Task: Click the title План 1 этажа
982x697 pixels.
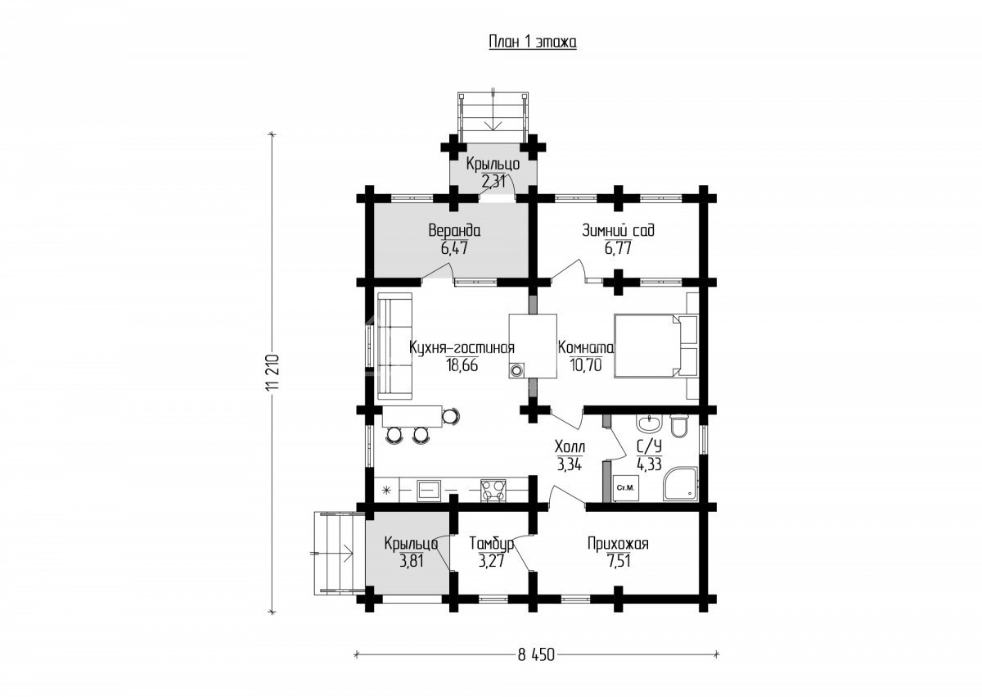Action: pos(533,42)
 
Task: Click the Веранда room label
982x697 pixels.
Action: pos(454,231)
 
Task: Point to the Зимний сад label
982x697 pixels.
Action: pos(618,230)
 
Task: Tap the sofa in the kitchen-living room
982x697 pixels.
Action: pos(394,346)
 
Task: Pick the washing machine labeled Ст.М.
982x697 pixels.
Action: pos(625,488)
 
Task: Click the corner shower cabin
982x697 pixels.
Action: pos(679,484)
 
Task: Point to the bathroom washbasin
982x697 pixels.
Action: pos(650,424)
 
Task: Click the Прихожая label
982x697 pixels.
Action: pos(618,545)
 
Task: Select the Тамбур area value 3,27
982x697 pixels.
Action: pos(491,561)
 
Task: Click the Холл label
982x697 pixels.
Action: pos(570,447)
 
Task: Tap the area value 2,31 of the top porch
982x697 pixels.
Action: pos(493,181)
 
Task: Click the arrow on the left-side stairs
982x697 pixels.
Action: pos(331,554)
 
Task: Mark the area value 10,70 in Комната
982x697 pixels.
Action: pos(586,365)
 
